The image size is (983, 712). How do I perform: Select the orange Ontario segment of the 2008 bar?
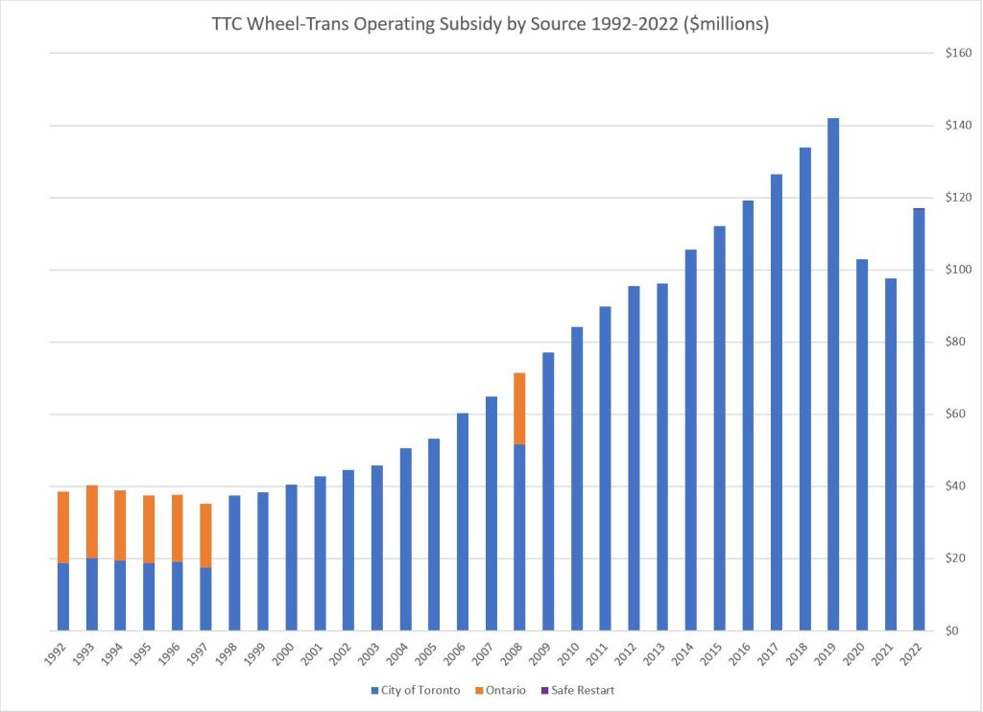pos(519,408)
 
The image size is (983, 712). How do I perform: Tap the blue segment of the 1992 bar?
pos(63,596)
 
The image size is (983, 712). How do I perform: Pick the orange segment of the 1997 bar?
pos(205,535)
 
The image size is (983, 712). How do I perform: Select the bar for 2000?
pos(291,558)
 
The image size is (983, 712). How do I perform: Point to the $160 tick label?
pos(958,54)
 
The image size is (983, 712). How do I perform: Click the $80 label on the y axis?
pos(956,343)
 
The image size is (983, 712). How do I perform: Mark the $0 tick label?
pos(951,631)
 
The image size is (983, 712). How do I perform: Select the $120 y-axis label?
pos(958,199)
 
